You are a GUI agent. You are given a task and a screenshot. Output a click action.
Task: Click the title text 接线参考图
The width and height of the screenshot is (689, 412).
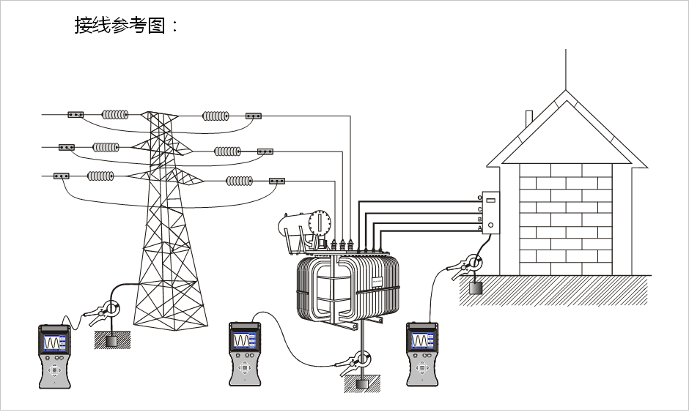click(126, 25)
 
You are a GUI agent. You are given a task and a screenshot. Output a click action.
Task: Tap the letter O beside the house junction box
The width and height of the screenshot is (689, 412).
click(480, 198)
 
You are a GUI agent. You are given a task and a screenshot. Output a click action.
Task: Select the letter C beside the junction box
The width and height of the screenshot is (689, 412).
click(480, 209)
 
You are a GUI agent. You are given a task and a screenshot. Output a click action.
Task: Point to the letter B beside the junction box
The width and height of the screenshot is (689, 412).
click(480, 219)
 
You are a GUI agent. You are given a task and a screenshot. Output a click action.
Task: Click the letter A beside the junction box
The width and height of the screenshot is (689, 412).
click(480, 228)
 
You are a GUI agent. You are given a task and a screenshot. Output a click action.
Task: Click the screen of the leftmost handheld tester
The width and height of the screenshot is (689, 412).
click(54, 342)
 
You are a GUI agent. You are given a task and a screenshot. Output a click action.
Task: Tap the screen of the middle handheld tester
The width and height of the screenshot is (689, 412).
click(244, 340)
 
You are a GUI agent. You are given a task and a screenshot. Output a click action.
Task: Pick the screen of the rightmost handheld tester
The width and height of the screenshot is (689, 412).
click(421, 340)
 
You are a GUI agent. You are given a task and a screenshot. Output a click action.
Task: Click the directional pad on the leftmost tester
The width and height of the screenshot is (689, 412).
click(54, 370)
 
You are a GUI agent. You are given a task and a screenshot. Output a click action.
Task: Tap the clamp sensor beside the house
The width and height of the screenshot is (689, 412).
click(474, 263)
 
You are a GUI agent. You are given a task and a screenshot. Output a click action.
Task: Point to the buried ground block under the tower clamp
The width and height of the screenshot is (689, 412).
click(111, 341)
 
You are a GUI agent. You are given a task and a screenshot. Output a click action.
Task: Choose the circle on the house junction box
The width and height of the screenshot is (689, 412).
click(490, 225)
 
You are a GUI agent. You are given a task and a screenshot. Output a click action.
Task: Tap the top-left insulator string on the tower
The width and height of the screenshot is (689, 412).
click(115, 114)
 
